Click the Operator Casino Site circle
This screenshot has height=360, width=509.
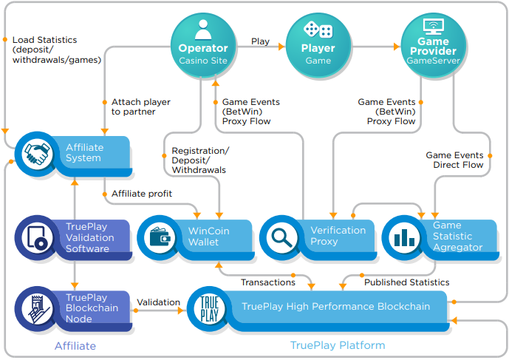pyautogui.click(x=203, y=45)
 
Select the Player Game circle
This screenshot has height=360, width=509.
pyautogui.click(x=318, y=45)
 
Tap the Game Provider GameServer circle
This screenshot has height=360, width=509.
pyautogui.click(x=434, y=45)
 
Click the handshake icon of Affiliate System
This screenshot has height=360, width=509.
pyautogui.click(x=38, y=154)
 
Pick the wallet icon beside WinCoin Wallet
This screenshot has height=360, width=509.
pyautogui.click(x=160, y=237)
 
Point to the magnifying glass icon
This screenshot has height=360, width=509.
pyautogui.click(x=282, y=237)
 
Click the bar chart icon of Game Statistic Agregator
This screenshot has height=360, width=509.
pyautogui.click(x=405, y=237)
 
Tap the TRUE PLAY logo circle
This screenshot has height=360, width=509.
pyautogui.click(x=209, y=309)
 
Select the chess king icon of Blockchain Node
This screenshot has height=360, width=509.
pyautogui.click(x=38, y=309)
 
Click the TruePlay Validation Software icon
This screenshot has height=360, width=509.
pyautogui.click(x=36, y=237)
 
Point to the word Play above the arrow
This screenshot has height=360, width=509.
pyautogui.click(x=260, y=41)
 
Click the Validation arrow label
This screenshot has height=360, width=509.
pyautogui.click(x=158, y=302)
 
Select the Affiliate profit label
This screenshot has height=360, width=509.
pyautogui.click(x=142, y=194)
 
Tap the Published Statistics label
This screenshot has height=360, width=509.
pyautogui.click(x=407, y=282)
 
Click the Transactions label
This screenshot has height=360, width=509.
pyautogui.click(x=268, y=282)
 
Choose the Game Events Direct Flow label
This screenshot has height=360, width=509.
pyautogui.click(x=454, y=160)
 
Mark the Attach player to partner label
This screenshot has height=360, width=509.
pyautogui.click(x=141, y=106)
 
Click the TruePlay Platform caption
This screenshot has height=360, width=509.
pyautogui.click(x=338, y=345)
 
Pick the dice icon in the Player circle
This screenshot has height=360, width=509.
pyautogui.click(x=318, y=30)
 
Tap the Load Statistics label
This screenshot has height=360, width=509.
pyautogui.click(x=57, y=50)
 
